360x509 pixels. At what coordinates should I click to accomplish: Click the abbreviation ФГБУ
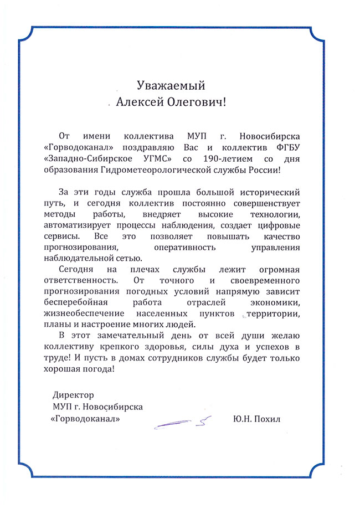pyautogui.click(x=287, y=147)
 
